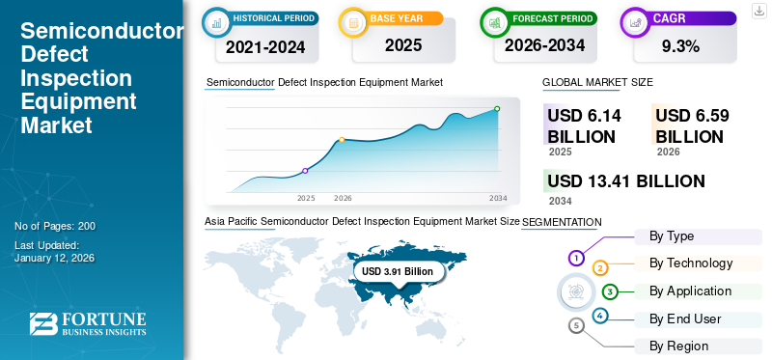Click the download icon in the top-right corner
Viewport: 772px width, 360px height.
tap(758, 10)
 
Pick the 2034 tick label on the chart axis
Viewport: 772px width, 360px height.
tap(498, 198)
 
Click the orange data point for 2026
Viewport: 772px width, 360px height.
tap(342, 140)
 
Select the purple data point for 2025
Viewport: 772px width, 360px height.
tap(305, 171)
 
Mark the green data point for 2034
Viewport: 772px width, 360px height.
tap(497, 109)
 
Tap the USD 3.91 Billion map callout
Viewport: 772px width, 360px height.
tap(398, 272)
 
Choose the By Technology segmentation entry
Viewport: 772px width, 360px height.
tap(691, 263)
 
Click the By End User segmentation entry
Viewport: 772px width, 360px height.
tap(684, 318)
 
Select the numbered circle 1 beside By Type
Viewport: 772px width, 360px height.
tap(576, 258)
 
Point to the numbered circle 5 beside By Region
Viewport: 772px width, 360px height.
tap(576, 325)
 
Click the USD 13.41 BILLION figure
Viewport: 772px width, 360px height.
tap(625, 181)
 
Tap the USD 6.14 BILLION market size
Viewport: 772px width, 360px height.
tap(584, 125)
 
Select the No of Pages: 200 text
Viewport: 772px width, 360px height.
tap(55, 226)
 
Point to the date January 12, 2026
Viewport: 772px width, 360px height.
tap(55, 259)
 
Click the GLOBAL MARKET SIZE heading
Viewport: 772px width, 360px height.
tap(597, 83)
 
